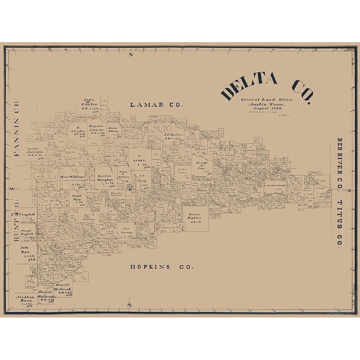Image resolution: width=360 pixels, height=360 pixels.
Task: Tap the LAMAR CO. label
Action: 157,105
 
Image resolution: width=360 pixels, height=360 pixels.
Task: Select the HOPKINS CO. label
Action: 162,267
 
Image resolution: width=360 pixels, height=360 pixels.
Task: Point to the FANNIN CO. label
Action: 16,129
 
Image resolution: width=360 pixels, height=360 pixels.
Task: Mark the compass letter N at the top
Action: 131,55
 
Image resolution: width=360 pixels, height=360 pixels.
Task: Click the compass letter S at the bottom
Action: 130,305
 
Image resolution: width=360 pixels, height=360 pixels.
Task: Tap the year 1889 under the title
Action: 277,108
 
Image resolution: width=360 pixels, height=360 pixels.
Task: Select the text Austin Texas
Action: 267,104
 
